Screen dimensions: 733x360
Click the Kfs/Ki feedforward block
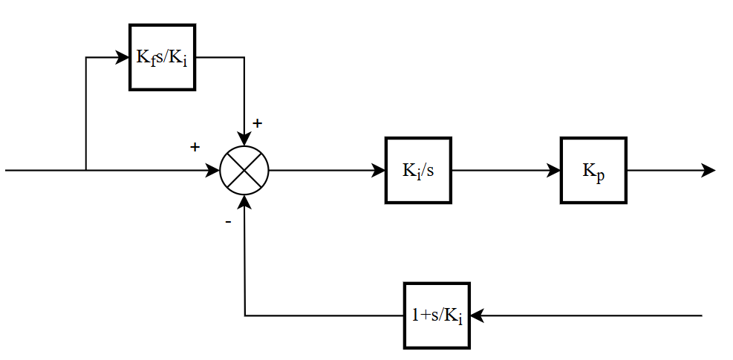[162, 57]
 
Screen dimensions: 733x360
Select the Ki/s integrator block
[418, 170]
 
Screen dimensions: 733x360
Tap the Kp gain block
[593, 170]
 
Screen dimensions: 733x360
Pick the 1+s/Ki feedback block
[437, 315]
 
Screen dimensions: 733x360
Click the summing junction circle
[244, 170]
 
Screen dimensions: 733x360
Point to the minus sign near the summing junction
[228, 222]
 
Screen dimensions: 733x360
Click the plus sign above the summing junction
[257, 123]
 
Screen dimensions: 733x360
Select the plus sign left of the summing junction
[195, 147]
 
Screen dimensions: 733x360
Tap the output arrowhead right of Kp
[708, 171]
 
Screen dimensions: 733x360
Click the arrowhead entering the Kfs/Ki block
[123, 57]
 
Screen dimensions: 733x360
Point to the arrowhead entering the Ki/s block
[378, 171]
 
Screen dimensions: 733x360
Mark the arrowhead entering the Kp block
[553, 171]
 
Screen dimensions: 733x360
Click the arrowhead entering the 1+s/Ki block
[478, 315]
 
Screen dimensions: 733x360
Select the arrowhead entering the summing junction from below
[244, 202]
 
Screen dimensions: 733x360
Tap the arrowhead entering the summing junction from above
[244, 139]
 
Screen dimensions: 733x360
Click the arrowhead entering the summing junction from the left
[213, 171]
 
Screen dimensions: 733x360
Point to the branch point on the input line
[86, 170]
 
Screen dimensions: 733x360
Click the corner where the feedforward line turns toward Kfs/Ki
[86, 57]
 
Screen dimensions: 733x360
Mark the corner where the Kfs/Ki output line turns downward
[244, 57]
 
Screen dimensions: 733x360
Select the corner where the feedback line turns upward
[245, 315]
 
